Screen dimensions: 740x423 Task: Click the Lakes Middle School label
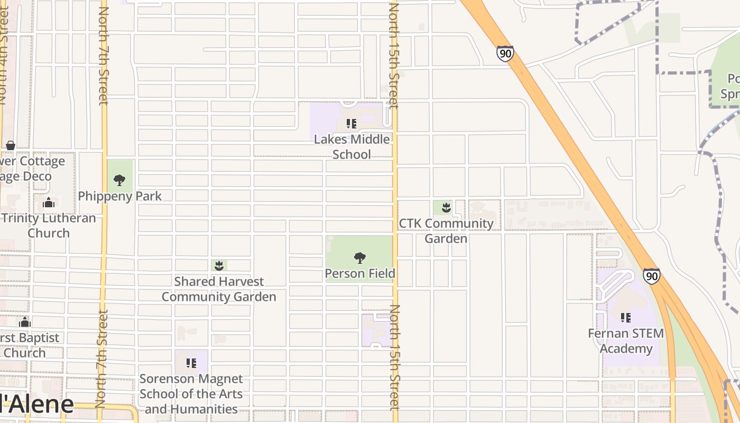pos(352,147)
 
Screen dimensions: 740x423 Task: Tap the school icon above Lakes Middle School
pos(351,124)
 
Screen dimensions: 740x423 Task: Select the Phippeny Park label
pos(120,196)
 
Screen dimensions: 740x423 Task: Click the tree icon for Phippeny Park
pos(119,180)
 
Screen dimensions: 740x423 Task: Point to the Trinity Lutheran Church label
pos(48,225)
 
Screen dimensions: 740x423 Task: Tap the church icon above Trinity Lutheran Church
pos(49,203)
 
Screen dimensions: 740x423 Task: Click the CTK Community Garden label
pos(446,231)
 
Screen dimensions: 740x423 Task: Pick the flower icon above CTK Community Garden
pos(447,207)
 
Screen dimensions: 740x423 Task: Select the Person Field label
pos(360,273)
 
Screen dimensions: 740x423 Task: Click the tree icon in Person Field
pos(360,258)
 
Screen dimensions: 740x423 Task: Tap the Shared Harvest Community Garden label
pos(219,289)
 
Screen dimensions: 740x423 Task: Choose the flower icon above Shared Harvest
pos(219,265)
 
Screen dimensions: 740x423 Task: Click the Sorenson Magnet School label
pos(191,394)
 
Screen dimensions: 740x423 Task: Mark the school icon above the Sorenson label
pos(191,363)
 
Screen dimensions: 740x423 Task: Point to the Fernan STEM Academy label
pos(626,341)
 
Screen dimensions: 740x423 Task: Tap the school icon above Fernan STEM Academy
pos(626,318)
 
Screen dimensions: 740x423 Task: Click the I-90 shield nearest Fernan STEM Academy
pos(652,276)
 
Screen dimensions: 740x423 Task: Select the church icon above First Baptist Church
pos(25,323)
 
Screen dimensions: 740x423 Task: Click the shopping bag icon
pos(10,145)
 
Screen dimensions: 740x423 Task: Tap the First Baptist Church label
pos(29,345)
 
